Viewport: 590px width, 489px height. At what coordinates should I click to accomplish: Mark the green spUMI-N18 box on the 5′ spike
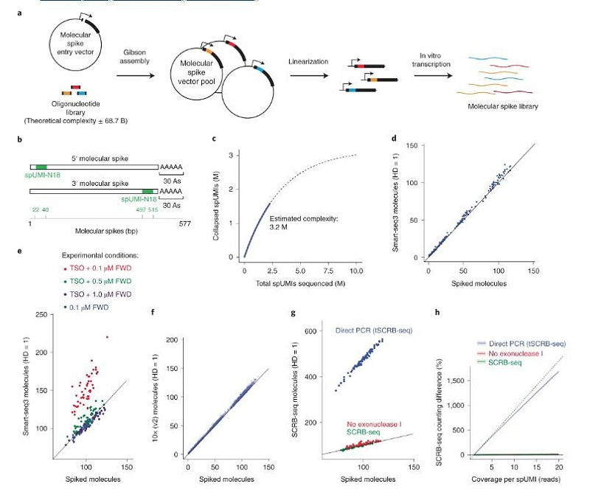click(x=41, y=169)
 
